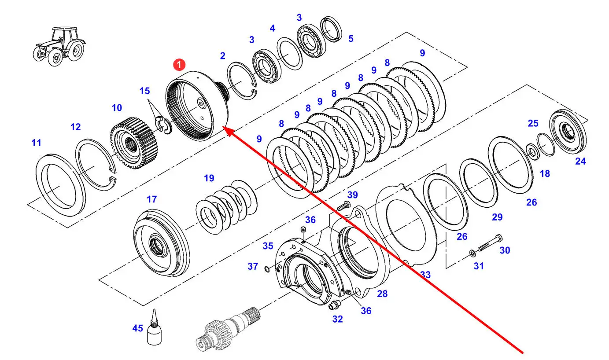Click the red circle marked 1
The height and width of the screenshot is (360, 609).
click(x=179, y=65)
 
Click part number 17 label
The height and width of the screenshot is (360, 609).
click(x=152, y=199)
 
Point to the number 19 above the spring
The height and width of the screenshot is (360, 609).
click(x=209, y=178)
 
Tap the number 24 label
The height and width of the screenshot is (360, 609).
click(x=581, y=162)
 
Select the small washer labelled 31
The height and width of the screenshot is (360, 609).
click(x=472, y=253)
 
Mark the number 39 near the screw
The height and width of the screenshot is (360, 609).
click(x=353, y=195)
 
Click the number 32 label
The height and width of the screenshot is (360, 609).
click(x=337, y=319)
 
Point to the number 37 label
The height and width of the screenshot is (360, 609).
click(x=252, y=266)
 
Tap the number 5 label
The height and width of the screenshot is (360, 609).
click(x=351, y=39)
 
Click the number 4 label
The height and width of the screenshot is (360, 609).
click(x=273, y=28)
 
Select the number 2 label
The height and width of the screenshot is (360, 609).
click(x=222, y=55)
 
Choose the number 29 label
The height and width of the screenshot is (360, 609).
click(x=497, y=217)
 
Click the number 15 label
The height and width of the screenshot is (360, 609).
click(x=144, y=91)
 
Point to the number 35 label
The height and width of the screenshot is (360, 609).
click(x=268, y=246)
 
